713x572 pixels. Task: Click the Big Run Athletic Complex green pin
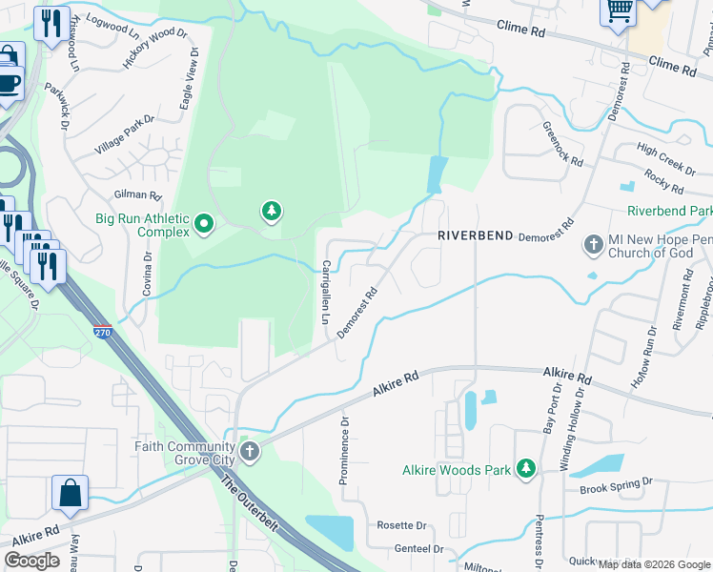click(x=203, y=225)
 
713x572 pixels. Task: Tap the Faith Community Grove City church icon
click(x=250, y=452)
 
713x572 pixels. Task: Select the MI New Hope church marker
click(x=593, y=245)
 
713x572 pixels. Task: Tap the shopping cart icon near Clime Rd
click(x=619, y=12)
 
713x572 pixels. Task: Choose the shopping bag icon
click(x=70, y=494)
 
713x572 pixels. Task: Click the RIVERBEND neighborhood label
click(x=476, y=235)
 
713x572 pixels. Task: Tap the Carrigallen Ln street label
click(x=326, y=292)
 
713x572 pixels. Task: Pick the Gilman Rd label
click(x=133, y=194)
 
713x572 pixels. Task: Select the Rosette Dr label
click(x=400, y=525)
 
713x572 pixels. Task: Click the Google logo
click(x=32, y=561)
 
